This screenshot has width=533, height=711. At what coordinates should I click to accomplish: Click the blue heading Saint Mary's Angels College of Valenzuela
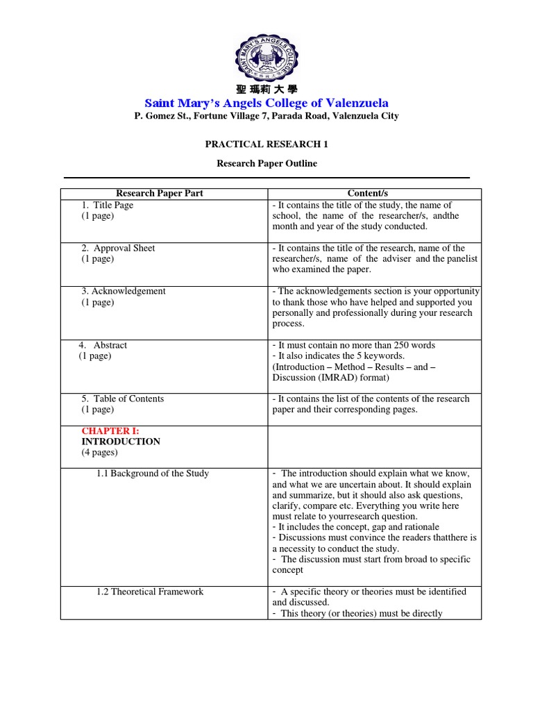coord(266,103)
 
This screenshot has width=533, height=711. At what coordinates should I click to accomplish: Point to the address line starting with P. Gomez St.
coord(266,116)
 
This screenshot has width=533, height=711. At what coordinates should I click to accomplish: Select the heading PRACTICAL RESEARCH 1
coord(266,144)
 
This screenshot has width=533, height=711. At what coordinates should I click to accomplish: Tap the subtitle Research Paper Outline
coord(266,164)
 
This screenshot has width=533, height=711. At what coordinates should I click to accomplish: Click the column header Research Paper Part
coord(160,194)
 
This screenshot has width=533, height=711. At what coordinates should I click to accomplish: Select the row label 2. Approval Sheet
coord(118,249)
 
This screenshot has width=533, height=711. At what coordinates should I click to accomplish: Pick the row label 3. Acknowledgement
coord(124,292)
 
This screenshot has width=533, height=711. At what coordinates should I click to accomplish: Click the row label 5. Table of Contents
coord(122,399)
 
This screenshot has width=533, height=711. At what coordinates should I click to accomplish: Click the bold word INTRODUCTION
coord(121,442)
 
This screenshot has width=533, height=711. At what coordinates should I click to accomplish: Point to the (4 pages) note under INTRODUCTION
coord(99,453)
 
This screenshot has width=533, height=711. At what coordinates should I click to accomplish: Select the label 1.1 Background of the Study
coord(153,474)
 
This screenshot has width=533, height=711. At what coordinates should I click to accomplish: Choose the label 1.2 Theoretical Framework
coord(150,592)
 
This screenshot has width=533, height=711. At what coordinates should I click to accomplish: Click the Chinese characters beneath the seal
coord(266,90)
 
